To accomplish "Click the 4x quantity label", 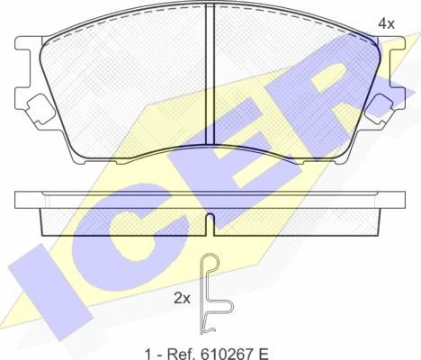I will (386, 23).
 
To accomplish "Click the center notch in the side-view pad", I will (209, 221).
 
